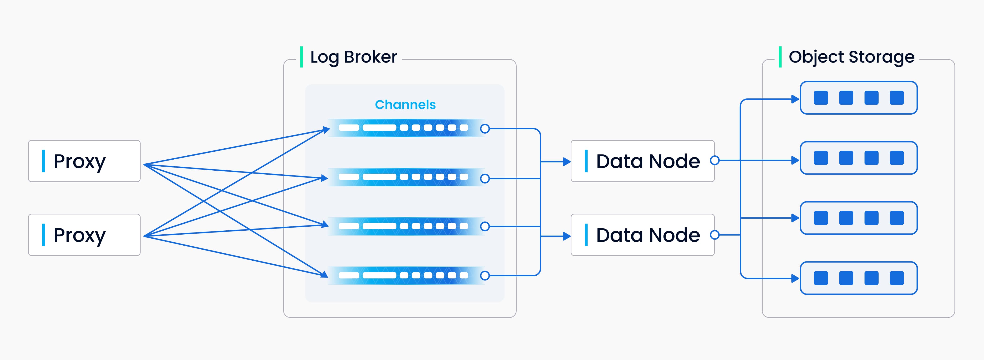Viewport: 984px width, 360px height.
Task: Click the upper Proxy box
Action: [84, 161]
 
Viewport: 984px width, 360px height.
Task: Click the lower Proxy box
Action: [84, 235]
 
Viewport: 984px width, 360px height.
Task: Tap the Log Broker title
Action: [353, 57]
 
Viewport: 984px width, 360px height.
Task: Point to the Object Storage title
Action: [851, 57]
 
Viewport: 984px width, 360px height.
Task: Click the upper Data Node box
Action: [642, 161]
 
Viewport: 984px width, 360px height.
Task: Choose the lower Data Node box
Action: [642, 235]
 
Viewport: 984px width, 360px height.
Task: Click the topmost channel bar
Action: [405, 128]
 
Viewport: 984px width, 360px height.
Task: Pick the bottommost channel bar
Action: [405, 275]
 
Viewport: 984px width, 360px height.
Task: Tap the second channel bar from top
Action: [405, 177]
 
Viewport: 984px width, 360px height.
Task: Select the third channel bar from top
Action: [405, 226]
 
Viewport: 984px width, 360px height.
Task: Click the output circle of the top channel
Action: [485, 129]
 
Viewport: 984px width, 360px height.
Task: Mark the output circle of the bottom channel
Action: [485, 276]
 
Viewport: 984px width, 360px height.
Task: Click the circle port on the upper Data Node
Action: [715, 161]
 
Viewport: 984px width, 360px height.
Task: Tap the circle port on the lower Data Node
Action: [715, 235]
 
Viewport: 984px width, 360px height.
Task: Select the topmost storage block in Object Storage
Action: [858, 98]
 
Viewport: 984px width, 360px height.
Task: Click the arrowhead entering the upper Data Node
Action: [567, 162]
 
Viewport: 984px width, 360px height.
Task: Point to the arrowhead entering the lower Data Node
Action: [567, 236]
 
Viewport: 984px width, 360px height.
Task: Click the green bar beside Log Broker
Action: [301, 57]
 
